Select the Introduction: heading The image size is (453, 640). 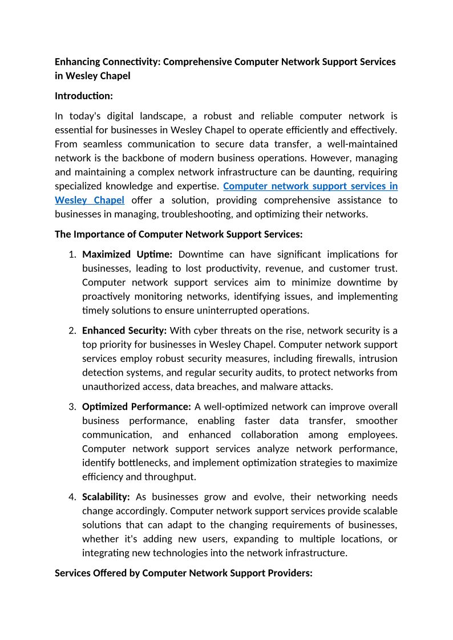[x=84, y=96]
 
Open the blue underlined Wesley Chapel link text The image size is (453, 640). [x=90, y=200]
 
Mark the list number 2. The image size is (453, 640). [x=72, y=331]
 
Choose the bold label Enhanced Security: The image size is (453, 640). [x=124, y=331]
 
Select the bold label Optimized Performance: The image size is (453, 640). [x=136, y=407]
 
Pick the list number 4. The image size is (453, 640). [x=72, y=497]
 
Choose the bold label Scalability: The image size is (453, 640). [x=106, y=497]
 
